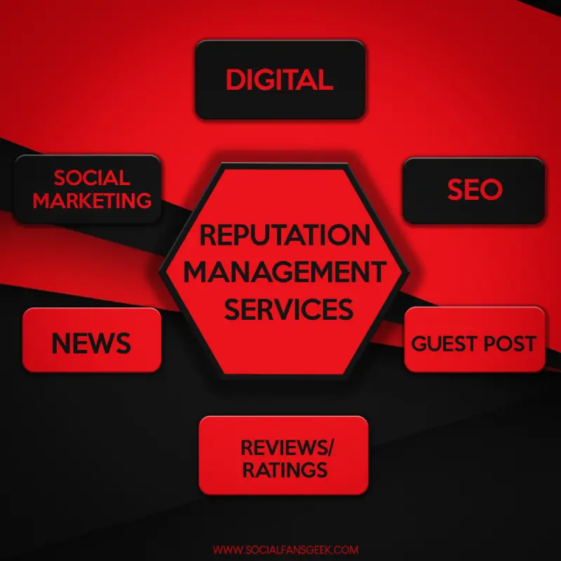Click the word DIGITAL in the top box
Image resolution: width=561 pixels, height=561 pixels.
[279, 79]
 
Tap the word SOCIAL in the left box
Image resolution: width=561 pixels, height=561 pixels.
[92, 178]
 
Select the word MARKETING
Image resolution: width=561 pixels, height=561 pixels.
[92, 201]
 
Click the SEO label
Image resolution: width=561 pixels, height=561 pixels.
[475, 189]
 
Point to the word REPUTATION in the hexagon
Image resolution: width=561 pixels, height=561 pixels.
[285, 235]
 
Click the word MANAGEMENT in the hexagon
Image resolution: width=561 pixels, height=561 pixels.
[285, 272]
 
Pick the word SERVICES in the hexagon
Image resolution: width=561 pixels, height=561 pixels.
[288, 309]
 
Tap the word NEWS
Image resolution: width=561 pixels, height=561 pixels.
[91, 344]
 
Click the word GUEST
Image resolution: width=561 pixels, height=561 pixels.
[443, 344]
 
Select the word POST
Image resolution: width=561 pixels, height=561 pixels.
[510, 344]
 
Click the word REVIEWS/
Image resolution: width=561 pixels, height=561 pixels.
[287, 447]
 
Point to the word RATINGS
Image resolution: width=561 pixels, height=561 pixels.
[285, 470]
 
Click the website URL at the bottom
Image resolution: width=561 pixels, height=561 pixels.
[285, 550]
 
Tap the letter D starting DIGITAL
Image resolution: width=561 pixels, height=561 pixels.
[235, 79]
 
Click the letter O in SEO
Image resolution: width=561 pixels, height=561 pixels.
[492, 189]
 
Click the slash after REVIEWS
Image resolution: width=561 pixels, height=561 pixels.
[330, 447]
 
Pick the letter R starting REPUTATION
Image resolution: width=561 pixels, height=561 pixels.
[208, 235]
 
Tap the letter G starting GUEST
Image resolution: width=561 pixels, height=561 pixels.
[419, 344]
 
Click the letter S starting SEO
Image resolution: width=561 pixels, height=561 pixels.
[454, 189]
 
